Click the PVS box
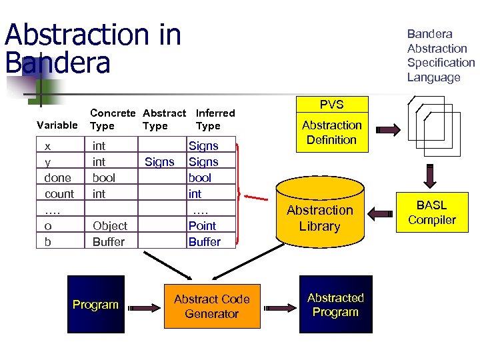(x=331, y=104)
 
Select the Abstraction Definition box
(x=331, y=133)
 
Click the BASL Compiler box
(x=432, y=213)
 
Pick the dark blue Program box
(x=95, y=304)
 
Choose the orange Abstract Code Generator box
(x=211, y=306)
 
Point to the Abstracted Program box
(x=335, y=305)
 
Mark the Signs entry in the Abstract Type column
(x=159, y=162)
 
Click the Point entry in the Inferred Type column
(x=202, y=226)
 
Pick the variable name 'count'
(x=59, y=194)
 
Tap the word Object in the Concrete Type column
(x=110, y=226)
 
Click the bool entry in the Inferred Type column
(x=200, y=178)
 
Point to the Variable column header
(x=57, y=125)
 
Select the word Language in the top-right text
(x=433, y=77)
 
